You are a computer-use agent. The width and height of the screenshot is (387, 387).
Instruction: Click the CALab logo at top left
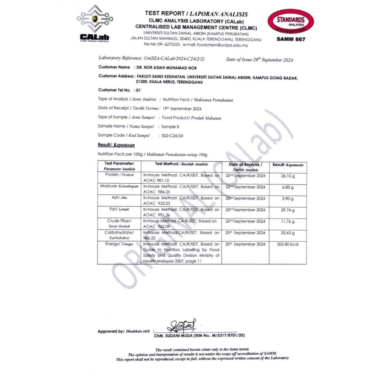pyautogui.click(x=95, y=24)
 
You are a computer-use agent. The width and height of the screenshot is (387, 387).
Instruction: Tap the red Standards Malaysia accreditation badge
pyautogui.click(x=290, y=22)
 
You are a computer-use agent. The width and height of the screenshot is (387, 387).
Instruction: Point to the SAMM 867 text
pyautogui.click(x=290, y=39)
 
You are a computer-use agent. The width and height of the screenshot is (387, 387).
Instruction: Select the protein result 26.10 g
pyautogui.click(x=288, y=176)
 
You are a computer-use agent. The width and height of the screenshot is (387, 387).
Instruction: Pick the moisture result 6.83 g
pyautogui.click(x=288, y=187)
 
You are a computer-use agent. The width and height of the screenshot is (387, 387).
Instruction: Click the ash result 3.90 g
pyautogui.click(x=288, y=199)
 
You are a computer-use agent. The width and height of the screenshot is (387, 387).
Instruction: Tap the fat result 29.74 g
pyautogui.click(x=288, y=210)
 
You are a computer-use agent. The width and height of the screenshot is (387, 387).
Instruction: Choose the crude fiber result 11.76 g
pyautogui.click(x=288, y=221)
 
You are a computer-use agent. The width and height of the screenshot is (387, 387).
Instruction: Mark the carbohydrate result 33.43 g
pyautogui.click(x=288, y=233)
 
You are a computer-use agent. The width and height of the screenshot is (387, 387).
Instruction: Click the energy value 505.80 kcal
pyautogui.click(x=288, y=245)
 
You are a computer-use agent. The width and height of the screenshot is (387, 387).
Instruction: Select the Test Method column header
pyautogui.click(x=181, y=164)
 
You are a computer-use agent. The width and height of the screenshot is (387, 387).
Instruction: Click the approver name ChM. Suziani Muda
pyautogui.click(x=199, y=335)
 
